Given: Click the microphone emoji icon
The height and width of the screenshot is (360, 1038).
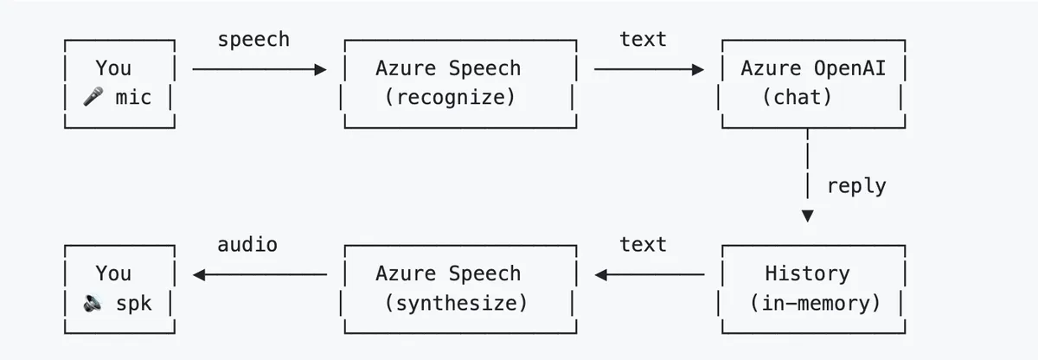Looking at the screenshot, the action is click(93, 96).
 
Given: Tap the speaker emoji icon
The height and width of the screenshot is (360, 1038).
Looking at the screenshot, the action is click(93, 303).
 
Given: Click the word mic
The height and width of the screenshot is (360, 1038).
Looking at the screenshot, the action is click(133, 97).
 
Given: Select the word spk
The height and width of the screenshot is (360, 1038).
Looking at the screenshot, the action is click(133, 304).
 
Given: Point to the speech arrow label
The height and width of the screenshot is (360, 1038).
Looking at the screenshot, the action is click(253, 40).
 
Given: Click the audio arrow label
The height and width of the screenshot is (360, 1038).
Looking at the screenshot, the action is click(247, 245).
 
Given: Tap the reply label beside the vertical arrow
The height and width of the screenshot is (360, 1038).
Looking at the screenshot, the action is click(856, 186).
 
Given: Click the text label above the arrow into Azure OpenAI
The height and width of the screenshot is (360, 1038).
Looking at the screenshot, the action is click(644, 40).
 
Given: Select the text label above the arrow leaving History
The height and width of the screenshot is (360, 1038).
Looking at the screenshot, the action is click(644, 245).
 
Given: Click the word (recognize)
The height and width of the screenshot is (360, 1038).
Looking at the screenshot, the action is click(450, 97).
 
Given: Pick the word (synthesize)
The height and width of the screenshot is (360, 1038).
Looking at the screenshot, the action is click(456, 304).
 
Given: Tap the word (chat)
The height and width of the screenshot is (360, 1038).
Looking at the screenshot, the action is click(797, 97).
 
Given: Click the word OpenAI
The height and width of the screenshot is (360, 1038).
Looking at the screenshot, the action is click(849, 68).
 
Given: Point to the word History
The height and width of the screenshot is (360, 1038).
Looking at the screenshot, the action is click(807, 273).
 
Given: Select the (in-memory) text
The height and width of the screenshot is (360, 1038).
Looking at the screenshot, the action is click(815, 304).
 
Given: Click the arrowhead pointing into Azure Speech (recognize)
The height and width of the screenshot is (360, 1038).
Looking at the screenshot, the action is click(321, 69).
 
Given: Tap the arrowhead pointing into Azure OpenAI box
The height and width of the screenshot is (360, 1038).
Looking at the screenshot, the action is click(698, 69).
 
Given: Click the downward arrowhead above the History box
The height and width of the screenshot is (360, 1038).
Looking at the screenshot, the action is click(808, 215).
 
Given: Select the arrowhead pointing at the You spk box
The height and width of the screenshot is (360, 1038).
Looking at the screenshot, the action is click(199, 274).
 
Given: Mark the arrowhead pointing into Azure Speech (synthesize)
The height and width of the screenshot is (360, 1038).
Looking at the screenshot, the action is click(600, 274).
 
